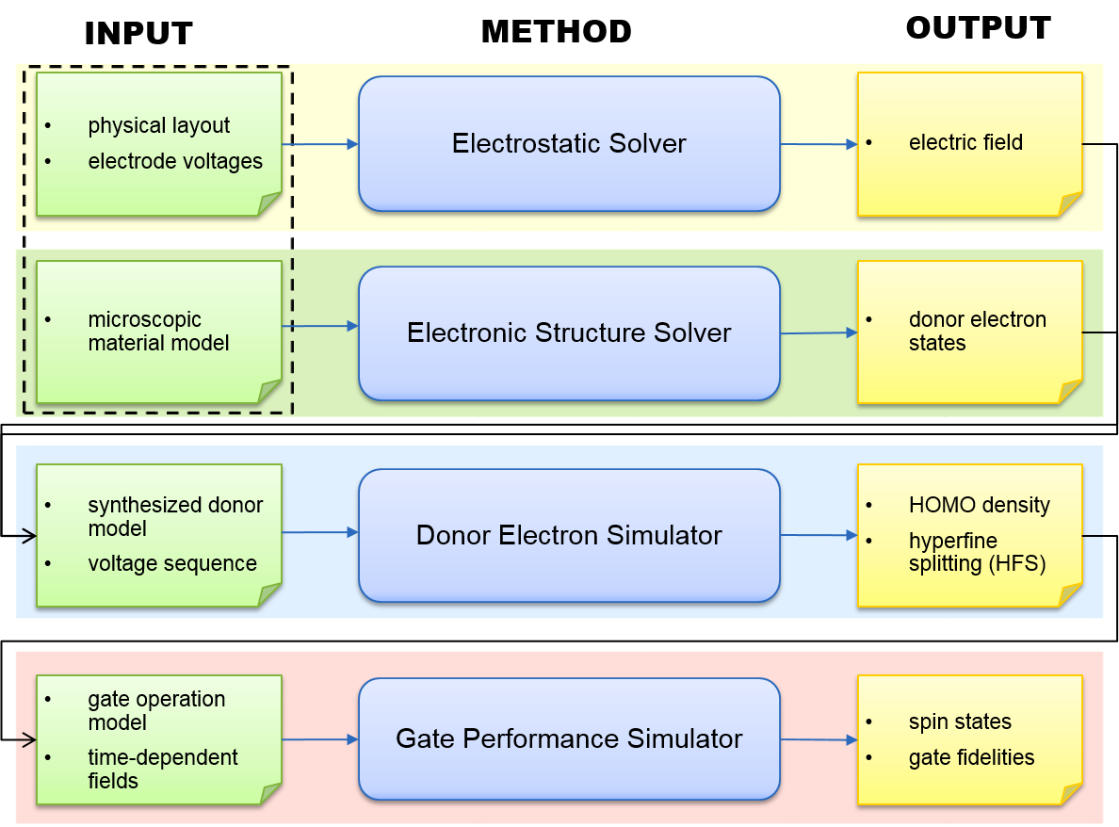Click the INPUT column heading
tap(138, 34)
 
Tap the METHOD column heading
tap(557, 31)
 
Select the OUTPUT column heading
tap(979, 28)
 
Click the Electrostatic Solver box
tap(569, 143)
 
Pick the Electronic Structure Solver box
tap(569, 333)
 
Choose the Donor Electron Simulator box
tap(569, 535)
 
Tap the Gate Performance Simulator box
tap(569, 738)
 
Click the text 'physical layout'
tap(158, 125)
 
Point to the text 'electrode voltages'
tap(175, 161)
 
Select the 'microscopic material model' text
tap(158, 332)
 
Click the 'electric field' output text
tap(965, 143)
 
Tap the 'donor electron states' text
tap(977, 332)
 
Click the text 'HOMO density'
tap(980, 505)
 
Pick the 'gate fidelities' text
tap(971, 758)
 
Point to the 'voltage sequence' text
tap(172, 563)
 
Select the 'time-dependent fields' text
tap(163, 769)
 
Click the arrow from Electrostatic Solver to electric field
tap(819, 144)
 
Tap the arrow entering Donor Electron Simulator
tap(320, 532)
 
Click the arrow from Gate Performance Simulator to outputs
tap(819, 740)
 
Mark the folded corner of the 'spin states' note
tap(1071, 793)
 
